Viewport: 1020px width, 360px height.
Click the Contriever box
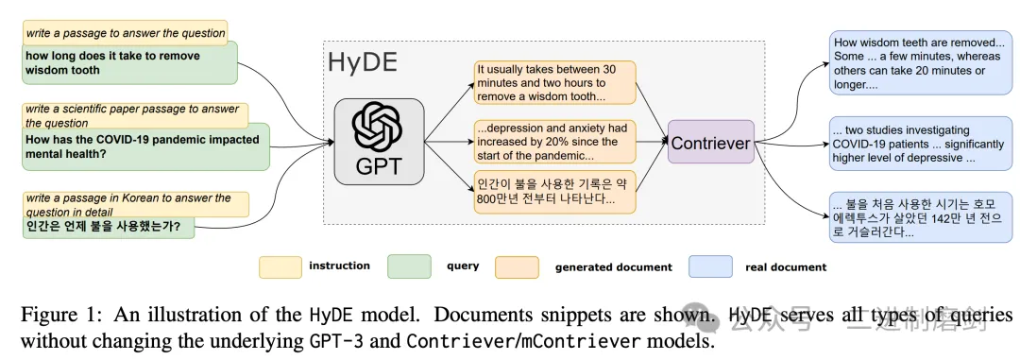[711, 142]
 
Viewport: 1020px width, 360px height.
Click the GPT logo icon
[378, 129]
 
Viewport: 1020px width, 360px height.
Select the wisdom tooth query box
[129, 62]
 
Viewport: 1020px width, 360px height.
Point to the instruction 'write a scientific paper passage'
[135, 115]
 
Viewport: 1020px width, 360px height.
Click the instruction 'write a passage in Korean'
[135, 204]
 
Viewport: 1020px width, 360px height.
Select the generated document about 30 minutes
[554, 82]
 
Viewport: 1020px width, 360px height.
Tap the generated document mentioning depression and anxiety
[554, 142]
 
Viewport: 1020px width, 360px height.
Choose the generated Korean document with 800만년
[554, 192]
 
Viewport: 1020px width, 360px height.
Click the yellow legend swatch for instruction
[280, 266]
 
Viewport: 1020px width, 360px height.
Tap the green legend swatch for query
[409, 266]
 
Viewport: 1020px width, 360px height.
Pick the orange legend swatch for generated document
[517, 266]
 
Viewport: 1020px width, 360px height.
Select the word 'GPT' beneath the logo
[378, 168]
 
